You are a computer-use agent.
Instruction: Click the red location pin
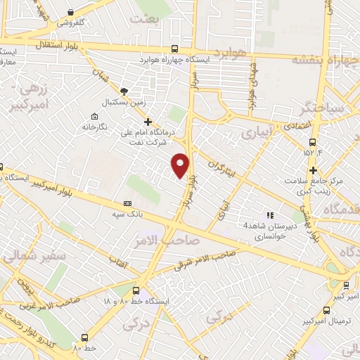click(x=181, y=165)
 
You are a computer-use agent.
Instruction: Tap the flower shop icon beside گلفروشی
click(x=71, y=11)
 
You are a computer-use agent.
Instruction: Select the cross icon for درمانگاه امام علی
click(x=148, y=122)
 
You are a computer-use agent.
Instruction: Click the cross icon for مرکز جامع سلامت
click(x=314, y=170)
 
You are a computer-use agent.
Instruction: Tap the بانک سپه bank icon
click(x=127, y=202)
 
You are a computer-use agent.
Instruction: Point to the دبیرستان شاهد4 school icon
click(x=268, y=215)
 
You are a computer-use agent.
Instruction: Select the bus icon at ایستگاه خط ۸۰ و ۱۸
click(x=135, y=290)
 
